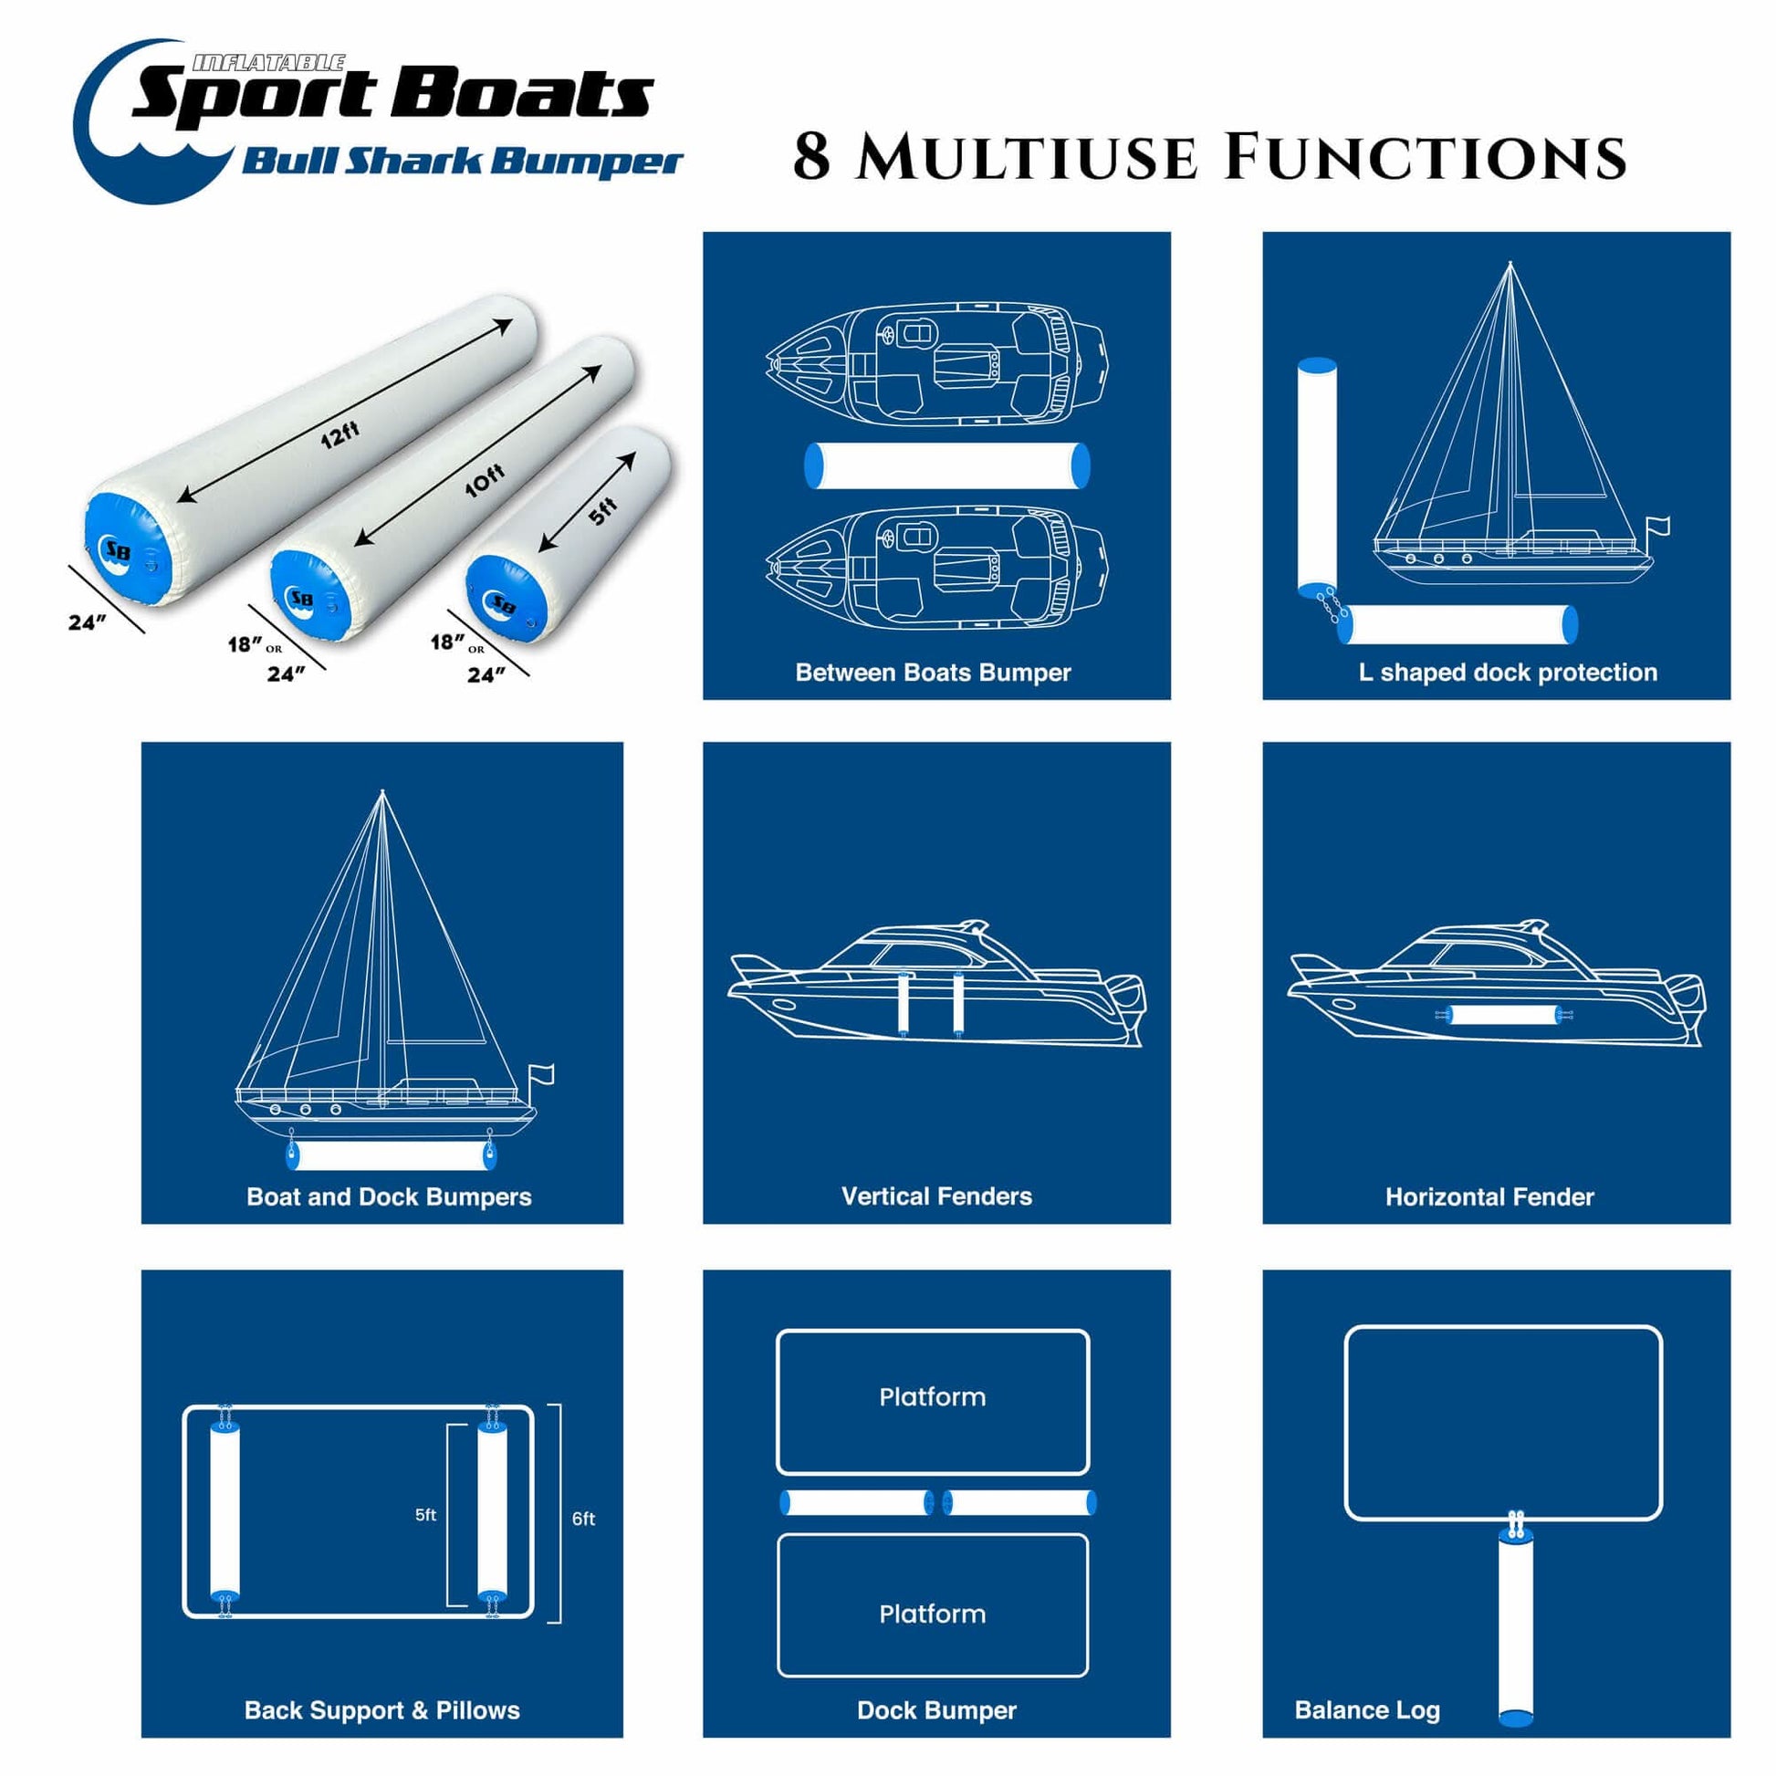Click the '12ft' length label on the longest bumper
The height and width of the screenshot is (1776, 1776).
(x=340, y=434)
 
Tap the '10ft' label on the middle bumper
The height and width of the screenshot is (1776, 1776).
(x=485, y=479)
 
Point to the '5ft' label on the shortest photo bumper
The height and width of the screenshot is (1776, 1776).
(x=602, y=511)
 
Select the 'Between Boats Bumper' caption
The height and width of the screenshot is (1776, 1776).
(x=933, y=672)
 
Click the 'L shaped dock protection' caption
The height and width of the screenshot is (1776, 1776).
(x=1508, y=672)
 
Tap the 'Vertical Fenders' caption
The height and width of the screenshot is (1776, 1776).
(x=936, y=1196)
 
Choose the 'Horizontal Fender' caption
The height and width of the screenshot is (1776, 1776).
(x=1489, y=1196)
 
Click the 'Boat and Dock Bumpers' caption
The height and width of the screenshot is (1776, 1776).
(x=389, y=1196)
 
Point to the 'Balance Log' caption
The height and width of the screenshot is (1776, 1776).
(x=1367, y=1709)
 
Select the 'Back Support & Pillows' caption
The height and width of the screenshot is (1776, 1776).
(x=382, y=1709)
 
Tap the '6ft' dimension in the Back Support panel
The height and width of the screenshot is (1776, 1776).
(x=584, y=1519)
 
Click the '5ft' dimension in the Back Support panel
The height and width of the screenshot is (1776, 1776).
(x=425, y=1515)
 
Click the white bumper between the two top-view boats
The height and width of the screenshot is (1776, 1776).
(x=946, y=465)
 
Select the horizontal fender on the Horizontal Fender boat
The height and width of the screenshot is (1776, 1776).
(x=1502, y=1016)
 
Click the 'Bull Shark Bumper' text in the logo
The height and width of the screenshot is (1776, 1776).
(x=463, y=162)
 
